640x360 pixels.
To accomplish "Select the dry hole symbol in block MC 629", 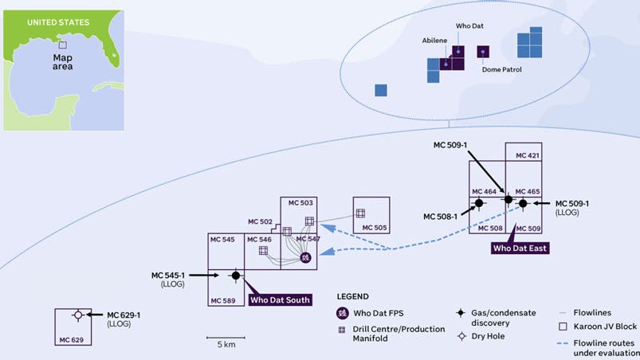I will point(77,315).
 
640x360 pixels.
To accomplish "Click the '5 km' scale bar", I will point(225,335).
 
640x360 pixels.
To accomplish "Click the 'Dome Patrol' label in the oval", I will point(501,69).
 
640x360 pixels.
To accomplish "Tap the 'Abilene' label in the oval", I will point(435,41).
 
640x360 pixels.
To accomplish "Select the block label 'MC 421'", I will point(528,156).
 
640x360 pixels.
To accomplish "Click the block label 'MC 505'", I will point(375,228).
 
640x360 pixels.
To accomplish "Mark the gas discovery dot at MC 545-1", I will point(235,276).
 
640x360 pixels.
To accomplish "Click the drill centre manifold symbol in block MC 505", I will point(359,213).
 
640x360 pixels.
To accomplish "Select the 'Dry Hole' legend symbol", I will point(461,335).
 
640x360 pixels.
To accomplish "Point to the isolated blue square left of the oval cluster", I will point(381,90).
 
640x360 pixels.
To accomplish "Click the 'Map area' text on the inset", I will point(63,62).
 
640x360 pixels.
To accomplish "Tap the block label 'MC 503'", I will point(301,203).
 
